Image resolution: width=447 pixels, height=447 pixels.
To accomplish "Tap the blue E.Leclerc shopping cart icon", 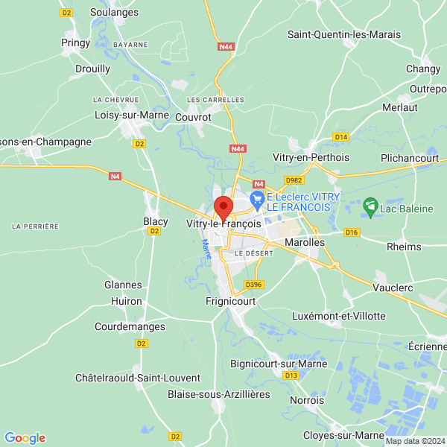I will (258, 197).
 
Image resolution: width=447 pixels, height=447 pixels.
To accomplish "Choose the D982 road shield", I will (294, 180).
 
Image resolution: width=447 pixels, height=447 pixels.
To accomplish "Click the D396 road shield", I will (254, 284).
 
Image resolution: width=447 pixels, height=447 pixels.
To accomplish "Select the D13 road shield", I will (291, 375).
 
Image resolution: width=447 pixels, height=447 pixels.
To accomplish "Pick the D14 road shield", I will (340, 137).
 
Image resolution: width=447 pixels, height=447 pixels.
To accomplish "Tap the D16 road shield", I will (352, 233).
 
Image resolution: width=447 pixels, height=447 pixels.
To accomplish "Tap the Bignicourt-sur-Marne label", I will (274, 364).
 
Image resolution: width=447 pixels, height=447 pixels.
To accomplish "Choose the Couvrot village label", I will (193, 117).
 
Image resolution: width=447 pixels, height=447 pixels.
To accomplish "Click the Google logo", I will (25, 438).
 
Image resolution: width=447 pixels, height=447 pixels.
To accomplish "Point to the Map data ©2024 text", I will (413, 441).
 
